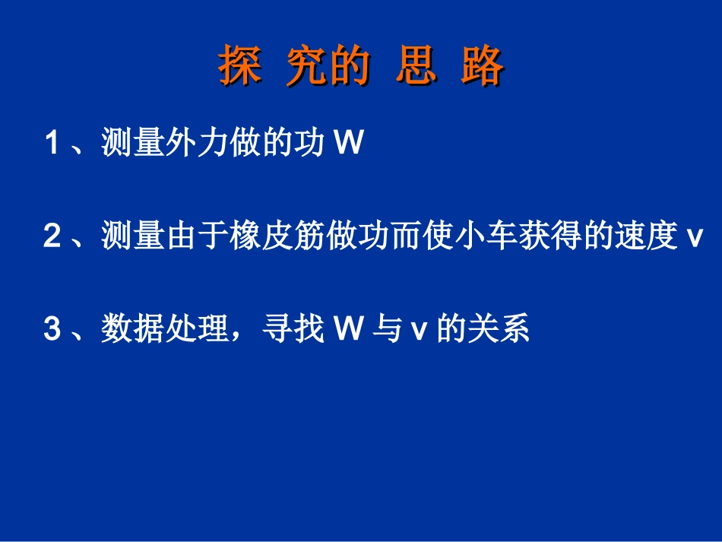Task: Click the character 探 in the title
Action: tap(240, 67)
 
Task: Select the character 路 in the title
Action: tap(482, 67)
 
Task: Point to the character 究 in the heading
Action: tap(307, 67)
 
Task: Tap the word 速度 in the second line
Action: tap(646, 237)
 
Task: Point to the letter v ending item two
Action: tap(692, 239)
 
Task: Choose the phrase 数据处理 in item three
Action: tap(163, 331)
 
